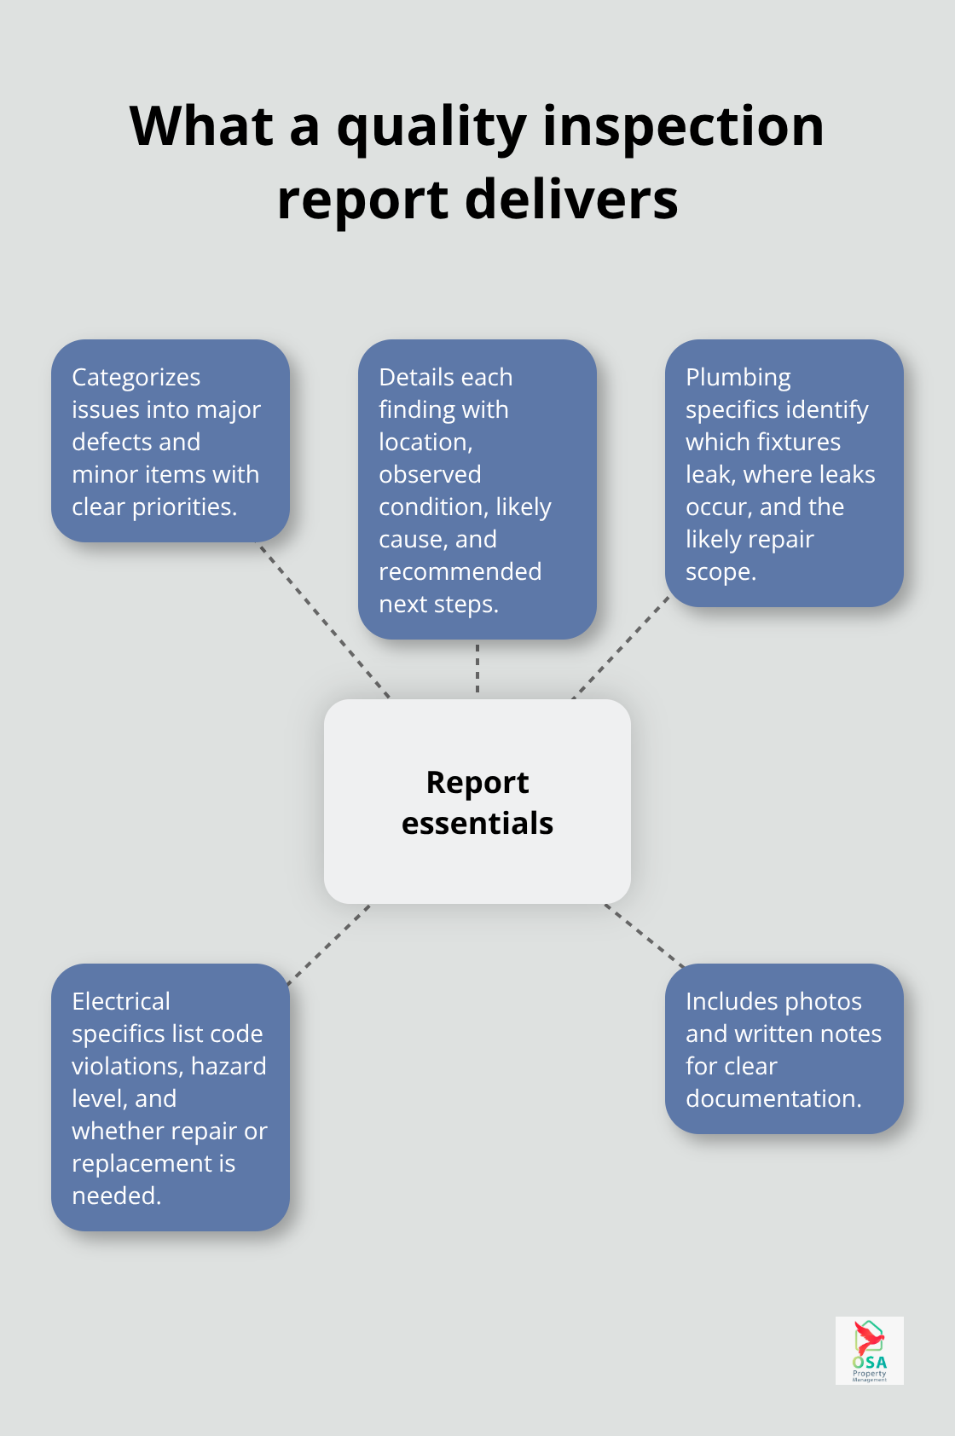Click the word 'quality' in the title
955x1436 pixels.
(x=431, y=128)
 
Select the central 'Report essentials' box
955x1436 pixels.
(x=477, y=802)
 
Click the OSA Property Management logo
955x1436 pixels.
(x=869, y=1350)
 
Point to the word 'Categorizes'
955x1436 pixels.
(x=136, y=377)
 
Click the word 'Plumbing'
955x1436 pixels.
(x=738, y=377)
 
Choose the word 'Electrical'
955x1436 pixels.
(x=121, y=1001)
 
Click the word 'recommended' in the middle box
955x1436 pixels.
(x=460, y=571)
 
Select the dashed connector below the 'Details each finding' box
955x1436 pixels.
(x=477, y=669)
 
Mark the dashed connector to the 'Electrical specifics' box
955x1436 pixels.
(x=329, y=945)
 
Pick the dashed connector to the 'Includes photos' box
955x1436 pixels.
(x=645, y=935)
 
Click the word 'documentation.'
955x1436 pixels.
(x=774, y=1098)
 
